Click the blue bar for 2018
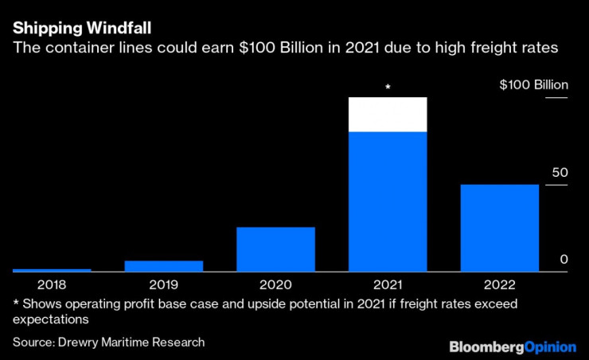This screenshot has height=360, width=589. click(52, 270)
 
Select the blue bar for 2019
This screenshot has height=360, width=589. click(164, 266)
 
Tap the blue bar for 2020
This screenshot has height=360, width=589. click(275, 249)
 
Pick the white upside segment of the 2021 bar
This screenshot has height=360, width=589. click(388, 115)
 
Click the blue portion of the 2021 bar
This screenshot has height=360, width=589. click(388, 202)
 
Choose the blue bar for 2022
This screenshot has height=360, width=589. click(500, 228)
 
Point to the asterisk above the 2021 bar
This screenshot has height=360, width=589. click(388, 87)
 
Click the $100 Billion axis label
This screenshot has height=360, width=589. click(534, 85)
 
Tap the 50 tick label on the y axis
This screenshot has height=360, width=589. click(560, 173)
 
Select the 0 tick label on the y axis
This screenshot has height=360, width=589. click(564, 260)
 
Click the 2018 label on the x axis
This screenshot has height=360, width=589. click(52, 284)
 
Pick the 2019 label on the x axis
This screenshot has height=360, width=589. click(164, 284)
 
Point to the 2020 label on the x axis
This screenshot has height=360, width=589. click(275, 284)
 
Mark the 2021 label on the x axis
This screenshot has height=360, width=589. click(388, 284)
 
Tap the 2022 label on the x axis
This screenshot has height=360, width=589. click(500, 284)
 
